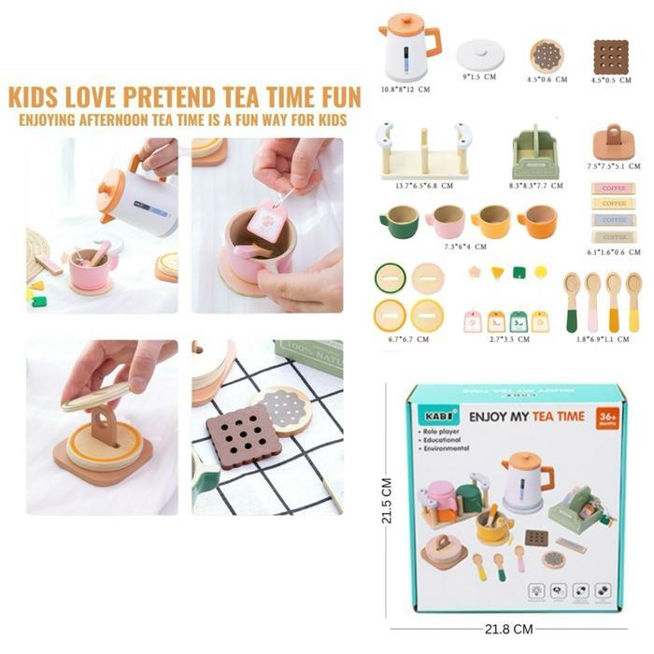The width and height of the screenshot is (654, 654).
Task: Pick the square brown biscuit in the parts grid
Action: [x=611, y=56]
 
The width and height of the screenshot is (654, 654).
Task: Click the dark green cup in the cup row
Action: [x=399, y=221]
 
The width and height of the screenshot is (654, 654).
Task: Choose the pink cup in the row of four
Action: [x=445, y=221]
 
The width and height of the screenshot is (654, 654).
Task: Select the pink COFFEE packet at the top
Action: [x=613, y=188]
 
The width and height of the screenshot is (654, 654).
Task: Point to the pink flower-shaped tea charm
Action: [x=474, y=274]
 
